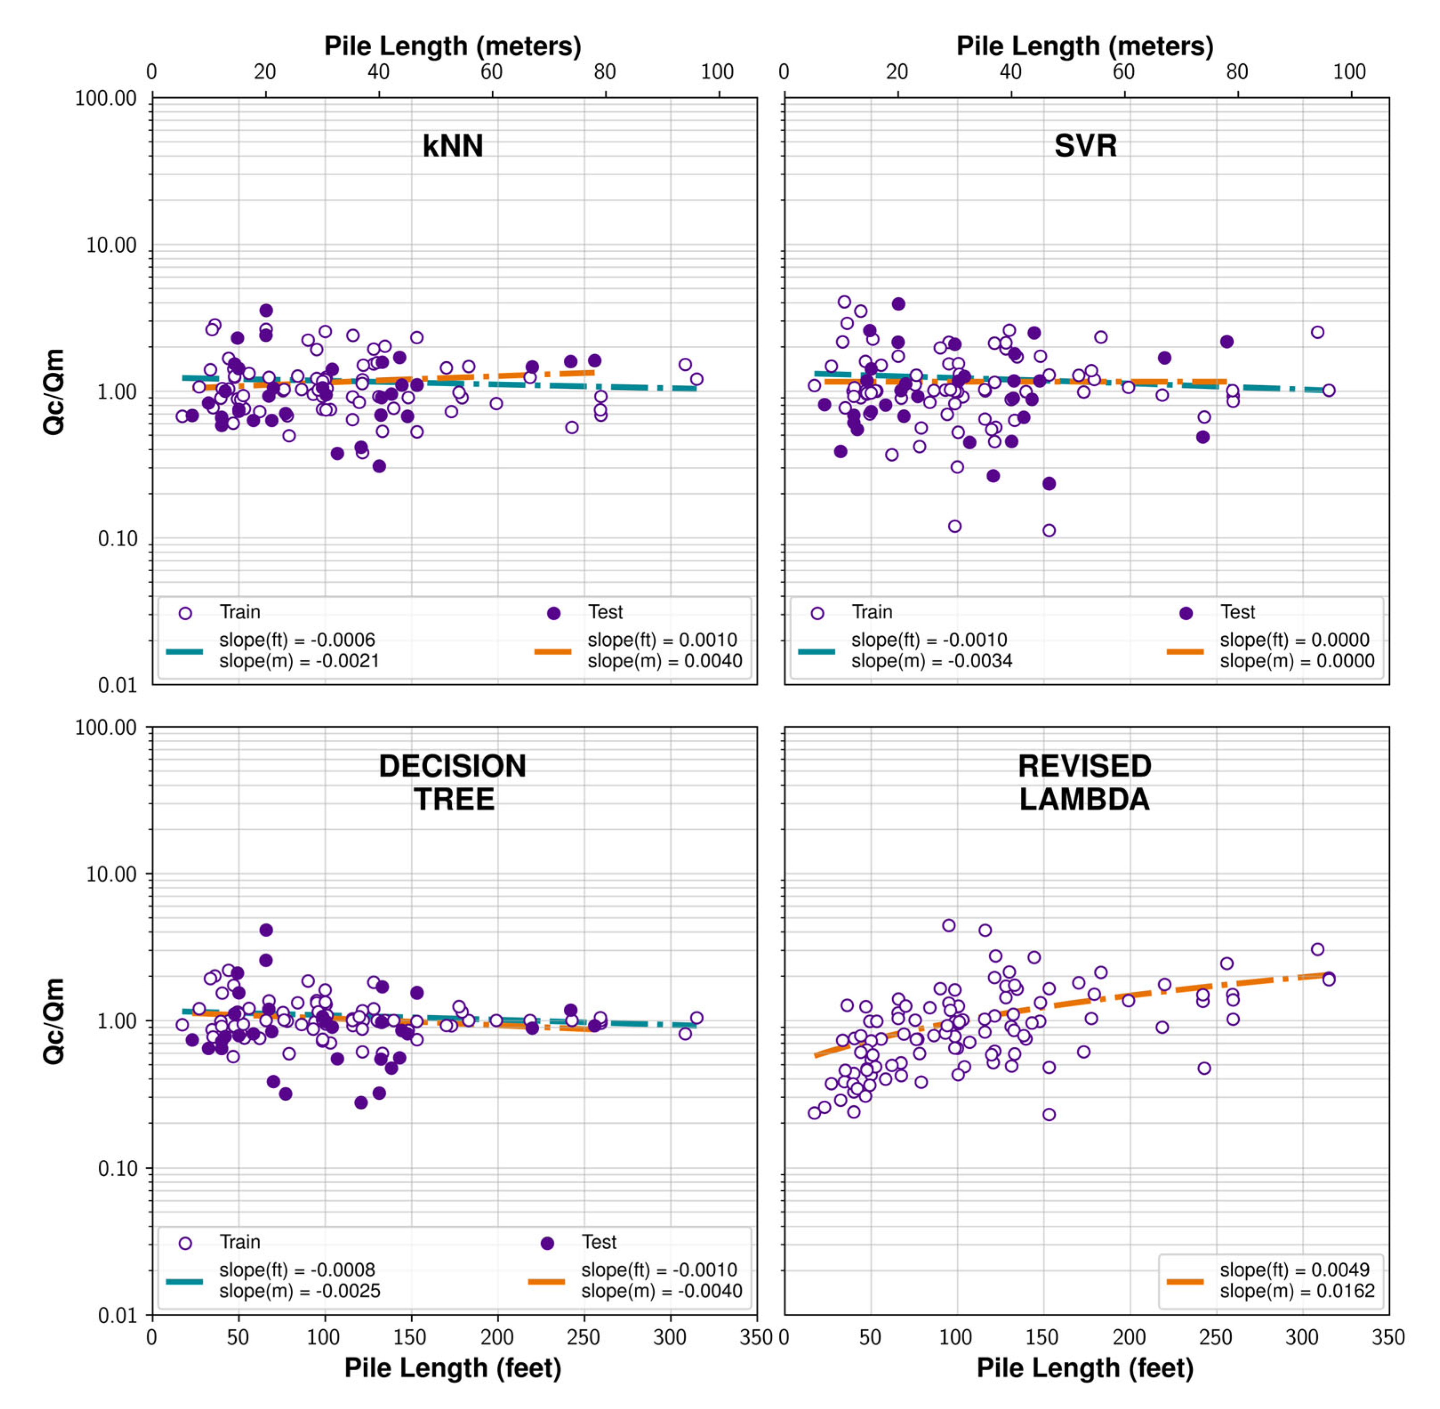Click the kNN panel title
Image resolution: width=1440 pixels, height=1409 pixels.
(453, 146)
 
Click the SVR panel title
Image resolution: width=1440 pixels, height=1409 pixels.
(1085, 146)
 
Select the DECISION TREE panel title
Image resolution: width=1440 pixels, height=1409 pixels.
(453, 782)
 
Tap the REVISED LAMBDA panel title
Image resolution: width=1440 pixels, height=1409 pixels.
(1084, 782)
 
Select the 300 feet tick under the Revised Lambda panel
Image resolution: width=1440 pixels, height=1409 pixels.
(1302, 1336)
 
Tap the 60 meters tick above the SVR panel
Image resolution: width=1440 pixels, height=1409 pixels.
(1123, 72)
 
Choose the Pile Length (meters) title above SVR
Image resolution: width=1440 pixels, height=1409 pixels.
(1085, 46)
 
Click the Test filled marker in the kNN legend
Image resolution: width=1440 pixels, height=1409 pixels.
(553, 613)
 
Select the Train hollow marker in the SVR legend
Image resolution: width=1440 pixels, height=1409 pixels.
(817, 613)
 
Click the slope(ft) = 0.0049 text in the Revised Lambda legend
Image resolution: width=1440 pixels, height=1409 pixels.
(1294, 1270)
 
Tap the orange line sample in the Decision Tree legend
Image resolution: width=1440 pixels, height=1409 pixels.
(546, 1281)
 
